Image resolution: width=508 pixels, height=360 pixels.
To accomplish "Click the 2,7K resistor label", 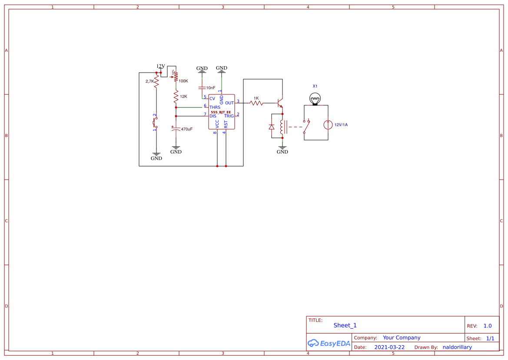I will (149, 81).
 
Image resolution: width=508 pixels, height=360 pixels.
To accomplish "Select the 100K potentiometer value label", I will (183, 81).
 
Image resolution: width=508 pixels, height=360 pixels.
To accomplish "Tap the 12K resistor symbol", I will (176, 96).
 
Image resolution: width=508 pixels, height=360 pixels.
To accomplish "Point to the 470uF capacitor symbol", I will (176, 129).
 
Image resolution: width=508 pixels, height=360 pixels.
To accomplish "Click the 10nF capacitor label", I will (211, 88).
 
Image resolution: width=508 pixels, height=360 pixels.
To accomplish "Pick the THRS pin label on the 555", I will (215, 107).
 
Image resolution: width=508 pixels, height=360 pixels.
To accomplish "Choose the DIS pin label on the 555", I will (213, 116).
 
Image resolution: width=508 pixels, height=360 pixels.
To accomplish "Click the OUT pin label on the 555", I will (229, 103).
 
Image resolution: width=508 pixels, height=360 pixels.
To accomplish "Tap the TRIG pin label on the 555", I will (229, 116).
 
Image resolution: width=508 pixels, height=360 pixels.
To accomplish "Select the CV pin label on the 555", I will (212, 99).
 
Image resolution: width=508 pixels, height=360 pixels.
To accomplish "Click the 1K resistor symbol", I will (256, 103).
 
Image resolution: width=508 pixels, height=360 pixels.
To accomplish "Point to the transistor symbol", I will (280, 103).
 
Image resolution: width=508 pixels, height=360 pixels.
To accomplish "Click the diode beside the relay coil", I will (272, 127).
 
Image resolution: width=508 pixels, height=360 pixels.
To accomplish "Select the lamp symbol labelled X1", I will (315, 100).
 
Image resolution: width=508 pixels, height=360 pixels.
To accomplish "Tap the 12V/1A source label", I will (341, 125).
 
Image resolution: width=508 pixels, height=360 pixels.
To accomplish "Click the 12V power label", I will (161, 67).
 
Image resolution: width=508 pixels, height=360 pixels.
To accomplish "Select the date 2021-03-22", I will (389, 347).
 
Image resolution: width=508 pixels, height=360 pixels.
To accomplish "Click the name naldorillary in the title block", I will (457, 347).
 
